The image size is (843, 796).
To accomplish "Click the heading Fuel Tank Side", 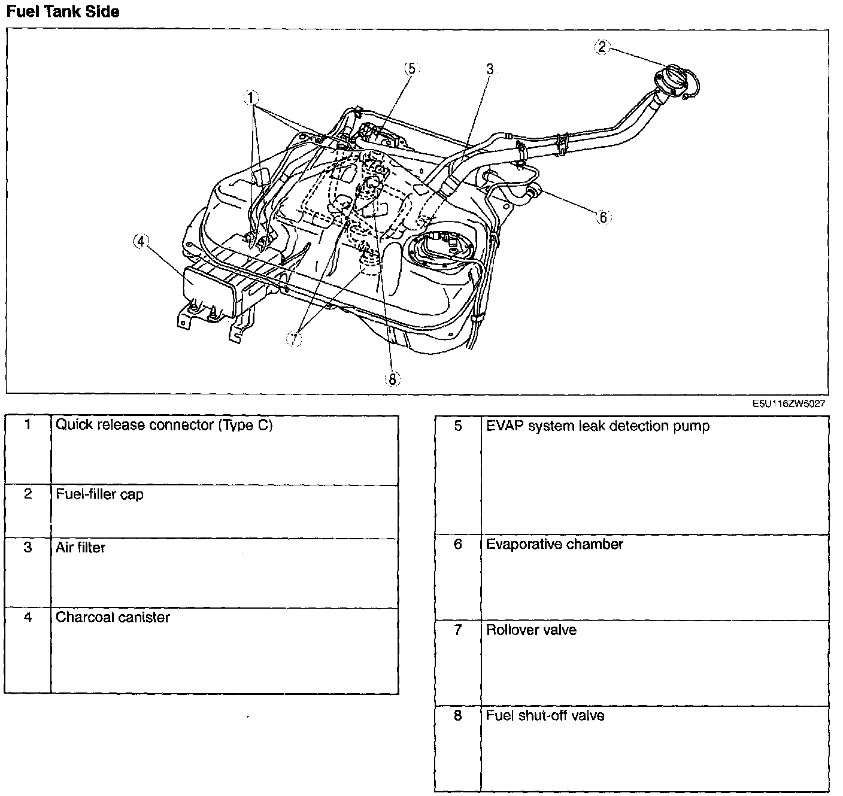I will [62, 11].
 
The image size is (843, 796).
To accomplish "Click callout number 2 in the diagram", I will [602, 47].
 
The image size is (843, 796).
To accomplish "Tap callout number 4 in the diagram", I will [141, 241].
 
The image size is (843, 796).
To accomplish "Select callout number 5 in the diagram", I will [411, 68].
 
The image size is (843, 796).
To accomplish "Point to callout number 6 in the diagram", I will [603, 217].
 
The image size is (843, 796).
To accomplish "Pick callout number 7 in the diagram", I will [294, 339].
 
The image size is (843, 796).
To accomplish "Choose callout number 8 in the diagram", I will [393, 379].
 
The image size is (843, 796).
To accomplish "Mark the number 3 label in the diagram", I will [490, 69].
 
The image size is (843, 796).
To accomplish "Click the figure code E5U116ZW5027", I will [789, 403].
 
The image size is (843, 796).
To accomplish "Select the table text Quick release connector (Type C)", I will [164, 425].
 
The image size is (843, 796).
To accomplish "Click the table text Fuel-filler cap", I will [99, 494].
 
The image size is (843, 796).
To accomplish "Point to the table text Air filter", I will [80, 548].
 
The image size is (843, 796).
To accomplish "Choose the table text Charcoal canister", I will [113, 617].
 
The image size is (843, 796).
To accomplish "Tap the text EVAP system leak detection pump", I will [598, 426].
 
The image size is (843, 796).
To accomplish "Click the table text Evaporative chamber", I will [554, 544].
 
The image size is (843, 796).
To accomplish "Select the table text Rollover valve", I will [531, 630].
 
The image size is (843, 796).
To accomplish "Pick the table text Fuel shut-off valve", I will [545, 715].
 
